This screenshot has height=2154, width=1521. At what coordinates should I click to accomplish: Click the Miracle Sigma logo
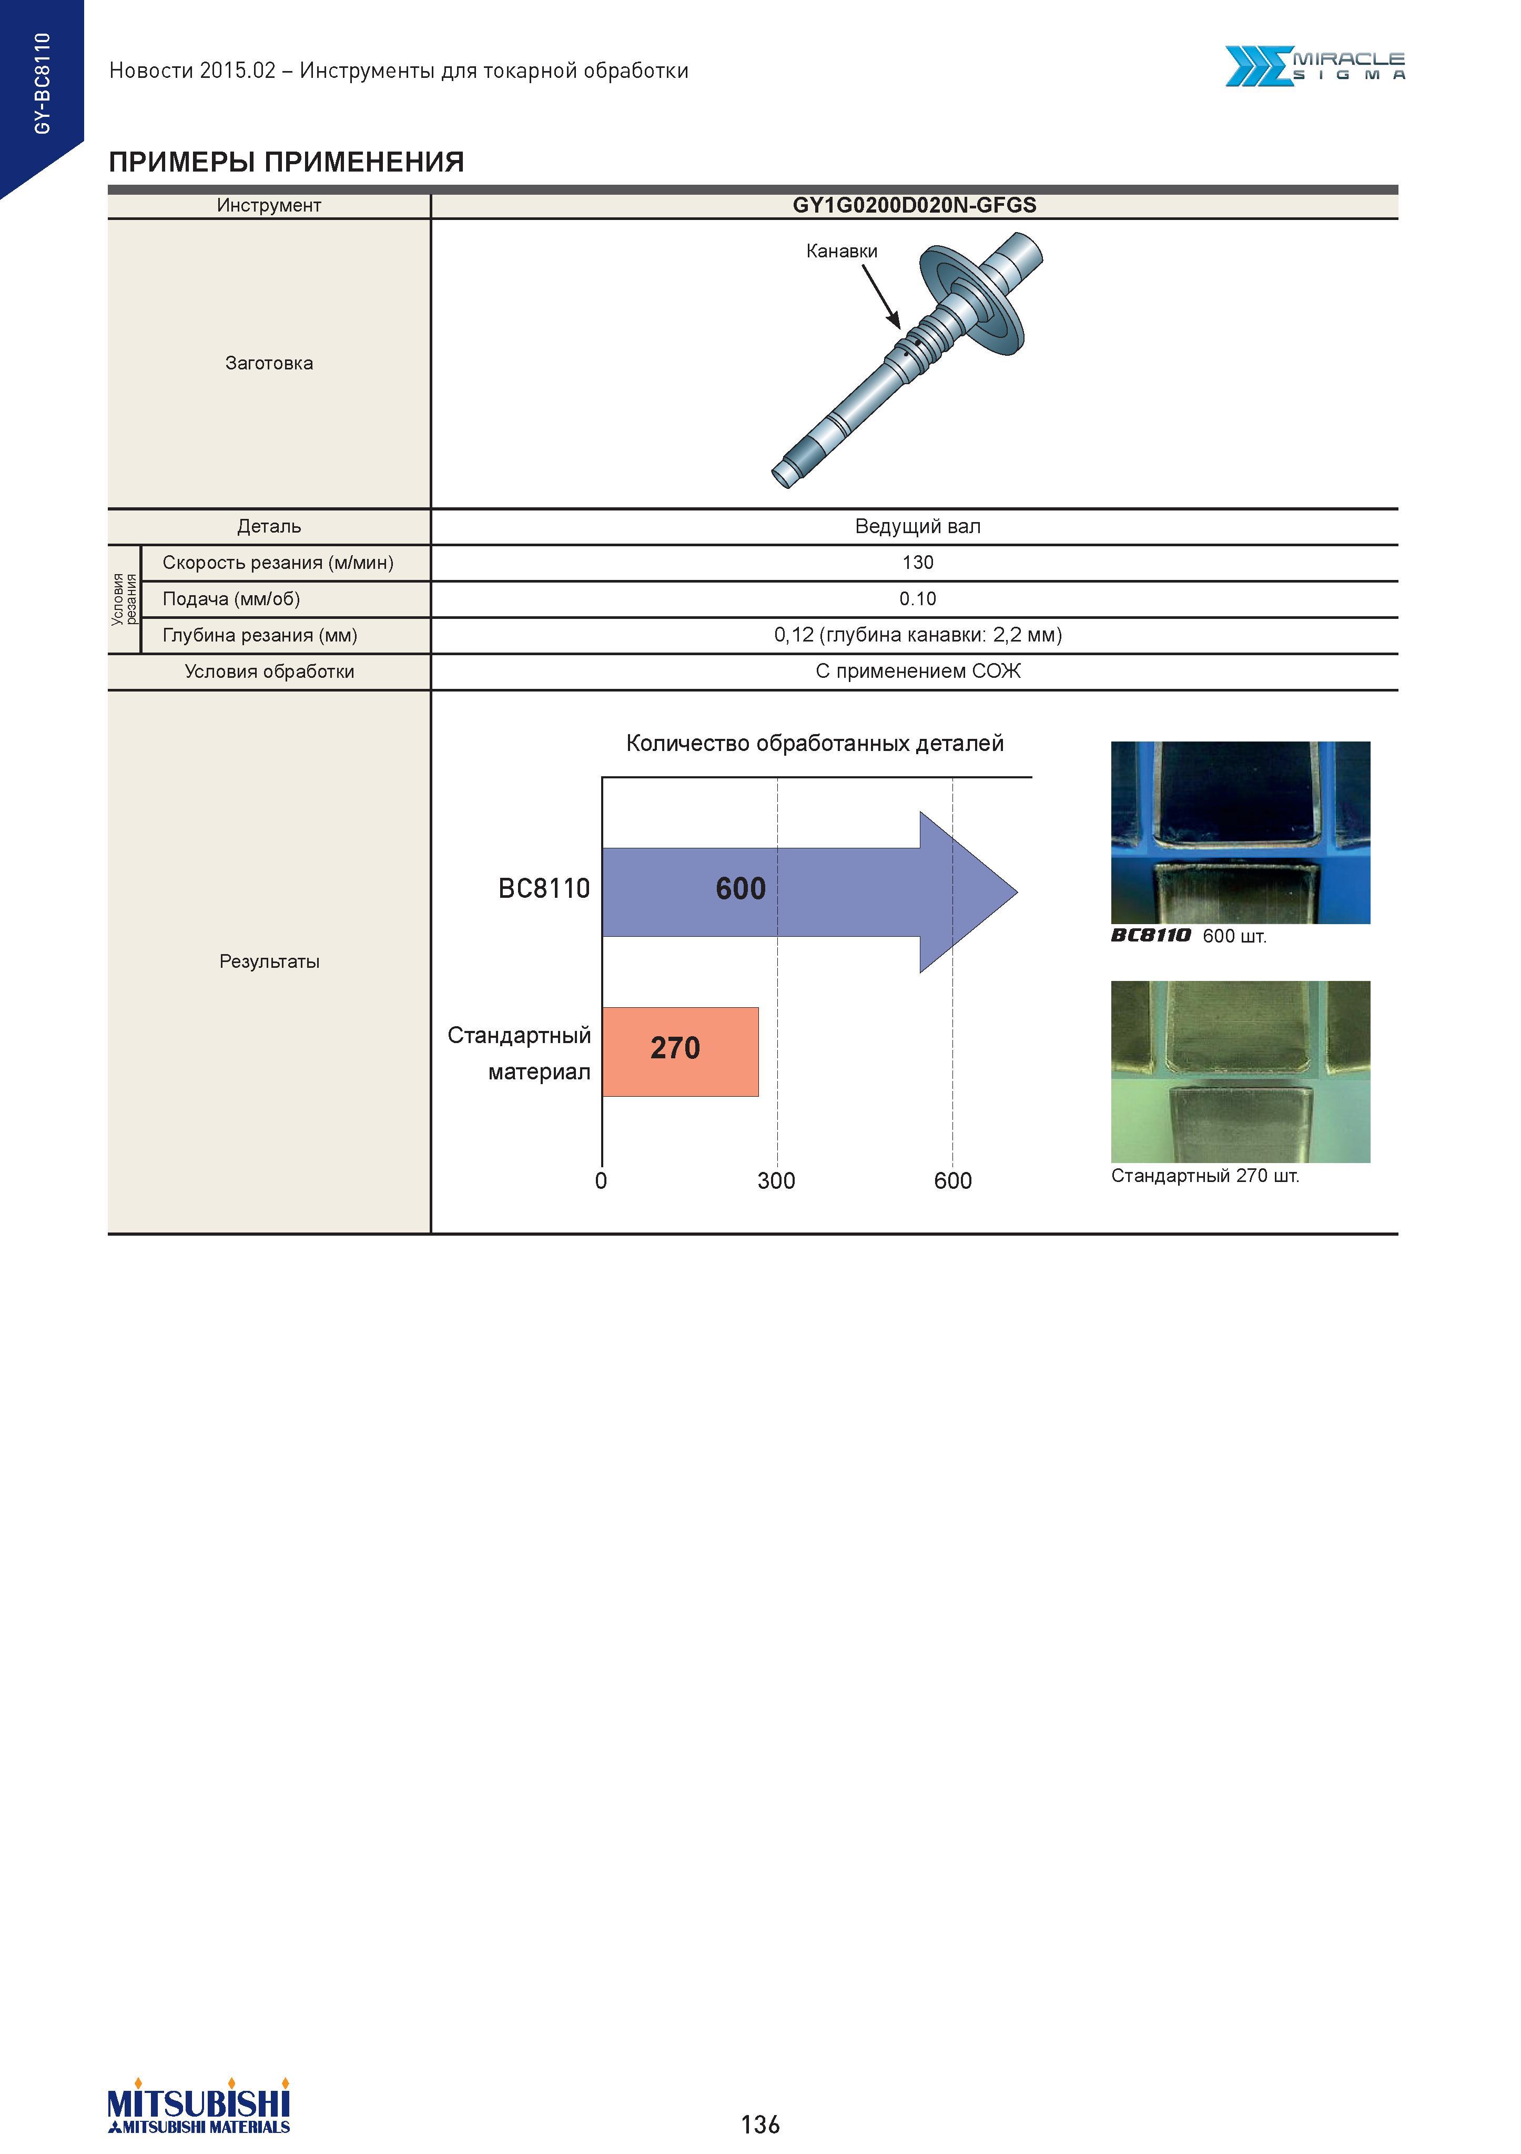coord(1315,67)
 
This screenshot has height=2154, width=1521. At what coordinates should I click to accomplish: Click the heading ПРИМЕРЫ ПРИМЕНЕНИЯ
coord(286,162)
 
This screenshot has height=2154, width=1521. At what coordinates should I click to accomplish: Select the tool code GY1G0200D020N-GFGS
coord(914,205)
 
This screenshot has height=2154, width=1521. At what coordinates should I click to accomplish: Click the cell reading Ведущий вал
coord(917,526)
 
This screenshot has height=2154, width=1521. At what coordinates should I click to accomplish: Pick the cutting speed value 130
coord(917,563)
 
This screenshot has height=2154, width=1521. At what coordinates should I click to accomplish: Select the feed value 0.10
coord(917,598)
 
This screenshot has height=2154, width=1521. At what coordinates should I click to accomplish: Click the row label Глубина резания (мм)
coord(260,635)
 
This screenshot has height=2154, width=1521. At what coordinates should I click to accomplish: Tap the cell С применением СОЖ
coord(917,671)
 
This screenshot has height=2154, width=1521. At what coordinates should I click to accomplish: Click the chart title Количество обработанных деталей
coord(815,744)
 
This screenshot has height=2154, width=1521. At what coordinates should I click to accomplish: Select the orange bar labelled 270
coord(680,1051)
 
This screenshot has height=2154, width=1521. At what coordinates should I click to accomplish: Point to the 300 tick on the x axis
coord(776,1180)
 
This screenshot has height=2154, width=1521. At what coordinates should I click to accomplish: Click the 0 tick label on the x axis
coord(601,1180)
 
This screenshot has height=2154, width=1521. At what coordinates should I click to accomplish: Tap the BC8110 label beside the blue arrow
coord(544,888)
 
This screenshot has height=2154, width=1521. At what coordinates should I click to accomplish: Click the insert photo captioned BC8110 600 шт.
coord(1240,832)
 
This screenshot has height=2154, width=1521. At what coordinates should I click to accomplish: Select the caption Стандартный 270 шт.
coord(1205,1176)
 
